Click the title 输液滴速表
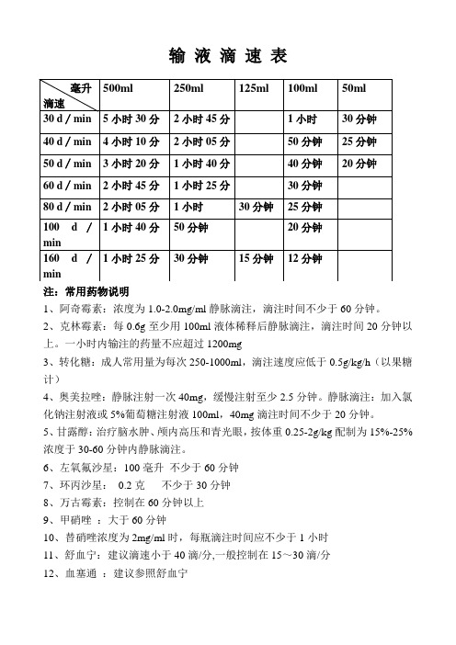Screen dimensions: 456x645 [x=229, y=57]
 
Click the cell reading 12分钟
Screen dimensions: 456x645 [x=305, y=260]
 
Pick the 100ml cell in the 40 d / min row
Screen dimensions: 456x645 [x=305, y=141]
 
